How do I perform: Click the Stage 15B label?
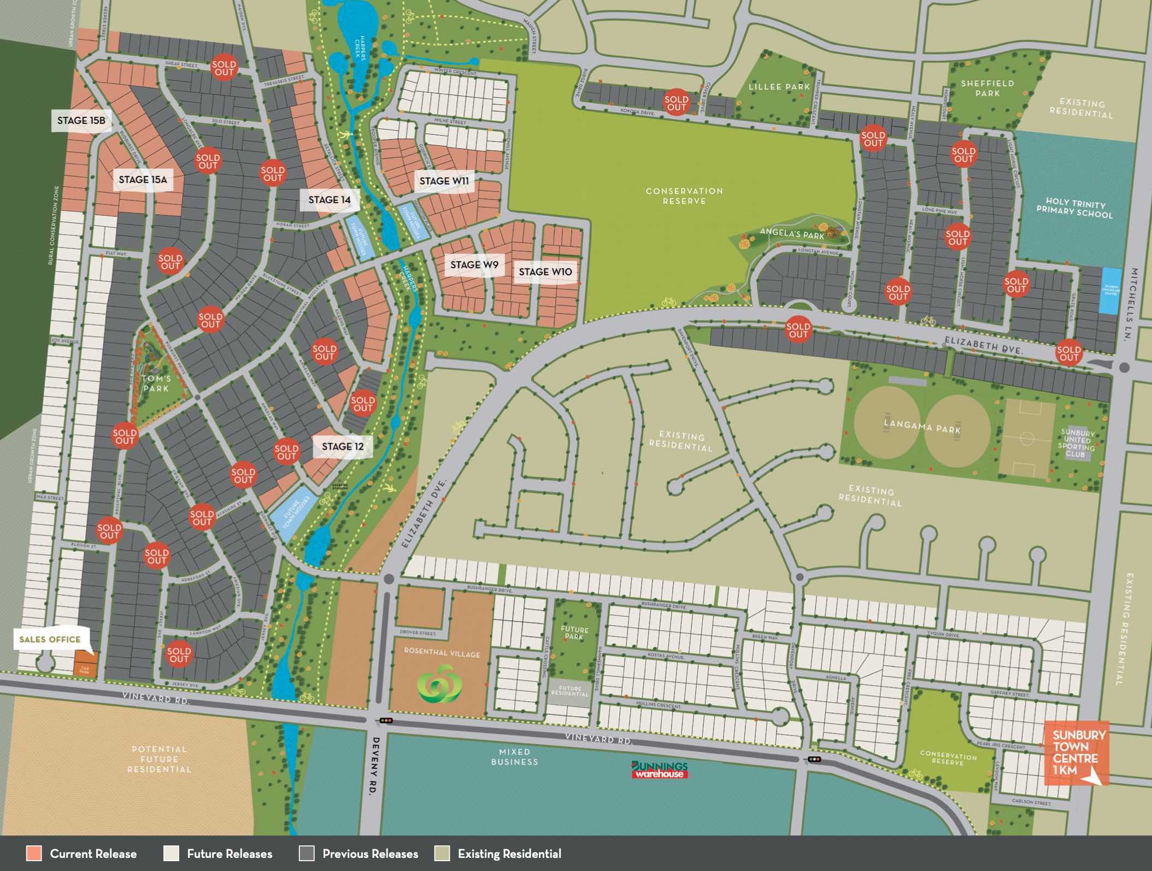point(81,121)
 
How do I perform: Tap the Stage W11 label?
point(444,181)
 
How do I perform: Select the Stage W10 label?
point(545,272)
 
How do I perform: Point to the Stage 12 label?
point(343,446)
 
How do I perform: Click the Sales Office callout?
point(50,639)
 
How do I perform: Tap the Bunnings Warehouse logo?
point(660,769)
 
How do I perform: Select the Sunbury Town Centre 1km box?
point(1075,753)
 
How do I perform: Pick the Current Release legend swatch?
point(34,854)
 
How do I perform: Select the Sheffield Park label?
point(988,88)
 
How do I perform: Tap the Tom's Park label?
point(157,383)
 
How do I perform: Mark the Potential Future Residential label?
point(159,759)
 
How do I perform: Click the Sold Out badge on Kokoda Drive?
point(676,103)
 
